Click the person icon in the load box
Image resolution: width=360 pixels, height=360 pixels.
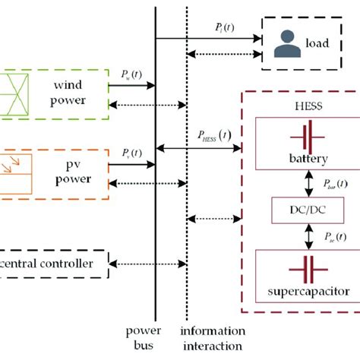[x=285, y=43]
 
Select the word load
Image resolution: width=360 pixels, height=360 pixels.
[x=317, y=43]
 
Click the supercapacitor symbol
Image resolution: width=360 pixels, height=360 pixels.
[x=308, y=269]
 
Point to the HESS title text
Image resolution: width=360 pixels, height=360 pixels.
[x=307, y=104]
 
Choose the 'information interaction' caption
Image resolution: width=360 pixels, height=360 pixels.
[x=213, y=338]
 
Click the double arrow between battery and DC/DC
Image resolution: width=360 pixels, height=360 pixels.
[x=308, y=182]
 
